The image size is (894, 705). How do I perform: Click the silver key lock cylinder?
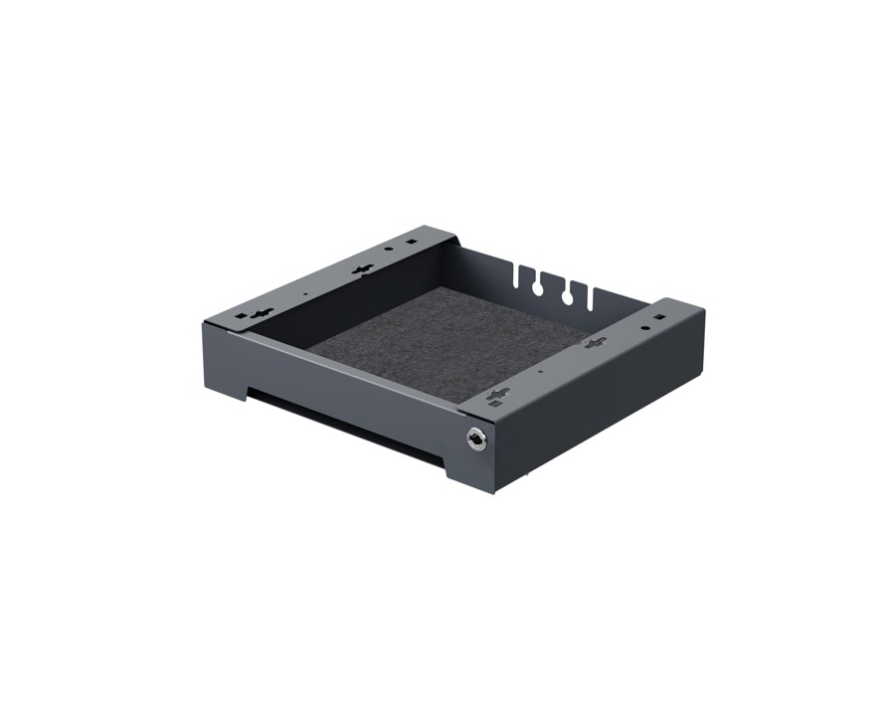(477, 438)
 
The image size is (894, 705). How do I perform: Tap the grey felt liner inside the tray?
(447, 343)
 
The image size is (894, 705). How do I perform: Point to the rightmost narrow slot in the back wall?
(592, 297)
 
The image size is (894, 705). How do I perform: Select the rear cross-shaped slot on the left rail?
(363, 269)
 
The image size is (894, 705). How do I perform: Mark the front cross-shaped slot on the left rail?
(261, 313)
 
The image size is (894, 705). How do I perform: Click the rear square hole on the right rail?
(659, 315)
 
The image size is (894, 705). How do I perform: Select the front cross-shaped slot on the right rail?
(498, 394)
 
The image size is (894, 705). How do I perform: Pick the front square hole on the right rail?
(494, 403)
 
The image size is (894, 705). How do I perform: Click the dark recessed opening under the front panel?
(338, 418)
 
